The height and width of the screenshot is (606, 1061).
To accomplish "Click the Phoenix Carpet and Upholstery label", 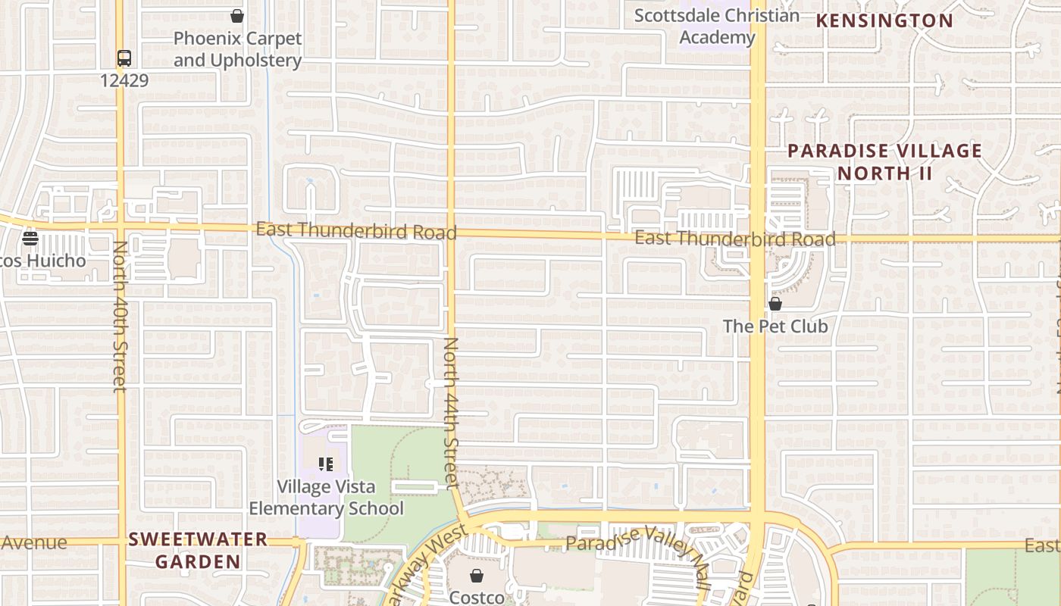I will click(x=237, y=49).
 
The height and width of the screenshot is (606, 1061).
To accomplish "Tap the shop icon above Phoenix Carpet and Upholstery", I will click(x=237, y=16).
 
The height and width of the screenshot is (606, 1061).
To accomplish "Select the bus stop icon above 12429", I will click(x=124, y=58).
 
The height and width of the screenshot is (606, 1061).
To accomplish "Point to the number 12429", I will click(x=124, y=80).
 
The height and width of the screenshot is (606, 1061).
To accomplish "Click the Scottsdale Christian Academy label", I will click(x=717, y=27).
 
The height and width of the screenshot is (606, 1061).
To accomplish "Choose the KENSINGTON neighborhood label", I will click(x=884, y=20).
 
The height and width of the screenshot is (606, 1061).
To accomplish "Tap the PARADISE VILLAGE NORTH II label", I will click(x=884, y=162).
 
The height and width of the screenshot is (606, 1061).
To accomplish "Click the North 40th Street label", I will click(x=120, y=317).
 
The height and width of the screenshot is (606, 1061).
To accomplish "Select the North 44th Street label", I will click(x=451, y=412).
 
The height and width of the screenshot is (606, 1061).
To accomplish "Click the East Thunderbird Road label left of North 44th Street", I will click(x=356, y=230).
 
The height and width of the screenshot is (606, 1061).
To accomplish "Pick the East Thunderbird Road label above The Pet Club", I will click(x=734, y=239).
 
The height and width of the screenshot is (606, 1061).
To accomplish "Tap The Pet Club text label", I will click(x=775, y=326).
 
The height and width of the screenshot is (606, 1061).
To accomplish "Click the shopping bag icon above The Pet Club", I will click(x=775, y=305).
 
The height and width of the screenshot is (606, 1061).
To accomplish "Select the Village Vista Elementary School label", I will click(x=326, y=498).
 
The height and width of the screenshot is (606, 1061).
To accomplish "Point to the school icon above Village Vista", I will click(x=326, y=464).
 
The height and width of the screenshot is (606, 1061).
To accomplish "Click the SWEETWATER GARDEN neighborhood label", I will click(x=198, y=551).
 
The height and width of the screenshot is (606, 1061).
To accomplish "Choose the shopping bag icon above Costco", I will click(x=477, y=576).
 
